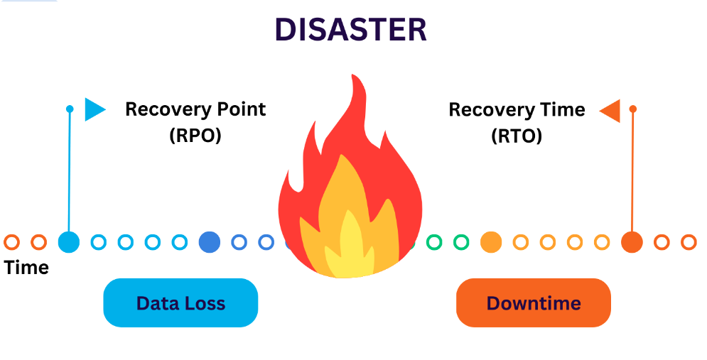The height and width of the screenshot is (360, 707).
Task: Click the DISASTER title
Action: pyautogui.click(x=350, y=30)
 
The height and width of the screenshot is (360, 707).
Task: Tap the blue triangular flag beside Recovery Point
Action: pyautogui.click(x=95, y=109)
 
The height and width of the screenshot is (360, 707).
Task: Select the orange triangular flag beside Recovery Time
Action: pyautogui.click(x=610, y=111)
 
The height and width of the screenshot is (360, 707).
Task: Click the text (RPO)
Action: pyautogui.click(x=195, y=136)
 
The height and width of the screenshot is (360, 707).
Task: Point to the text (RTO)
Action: pyautogui.click(x=517, y=136)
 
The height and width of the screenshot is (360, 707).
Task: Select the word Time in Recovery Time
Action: pyautogui.click(x=564, y=109)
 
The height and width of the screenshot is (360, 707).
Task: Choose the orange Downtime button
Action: pyautogui.click(x=534, y=302)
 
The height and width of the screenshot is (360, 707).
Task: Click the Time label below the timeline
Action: pyautogui.click(x=26, y=268)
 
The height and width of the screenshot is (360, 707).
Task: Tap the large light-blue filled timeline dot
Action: pyautogui.click(x=69, y=242)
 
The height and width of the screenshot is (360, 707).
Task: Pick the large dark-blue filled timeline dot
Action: pyautogui.click(x=210, y=242)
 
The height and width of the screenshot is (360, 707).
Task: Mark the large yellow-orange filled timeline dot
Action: pyautogui.click(x=491, y=242)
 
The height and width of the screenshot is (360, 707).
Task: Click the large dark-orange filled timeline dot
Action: pyautogui.click(x=632, y=242)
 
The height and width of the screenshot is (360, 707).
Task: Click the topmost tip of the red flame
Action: pyautogui.click(x=354, y=75)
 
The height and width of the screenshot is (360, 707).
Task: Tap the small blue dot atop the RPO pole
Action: pyautogui.click(x=70, y=109)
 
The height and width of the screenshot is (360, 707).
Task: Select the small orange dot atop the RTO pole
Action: pyautogui.click(x=632, y=109)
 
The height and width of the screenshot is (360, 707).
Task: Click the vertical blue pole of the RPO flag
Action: pyautogui.click(x=70, y=172)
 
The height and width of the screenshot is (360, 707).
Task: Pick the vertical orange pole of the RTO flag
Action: pyautogui.click(x=632, y=172)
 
